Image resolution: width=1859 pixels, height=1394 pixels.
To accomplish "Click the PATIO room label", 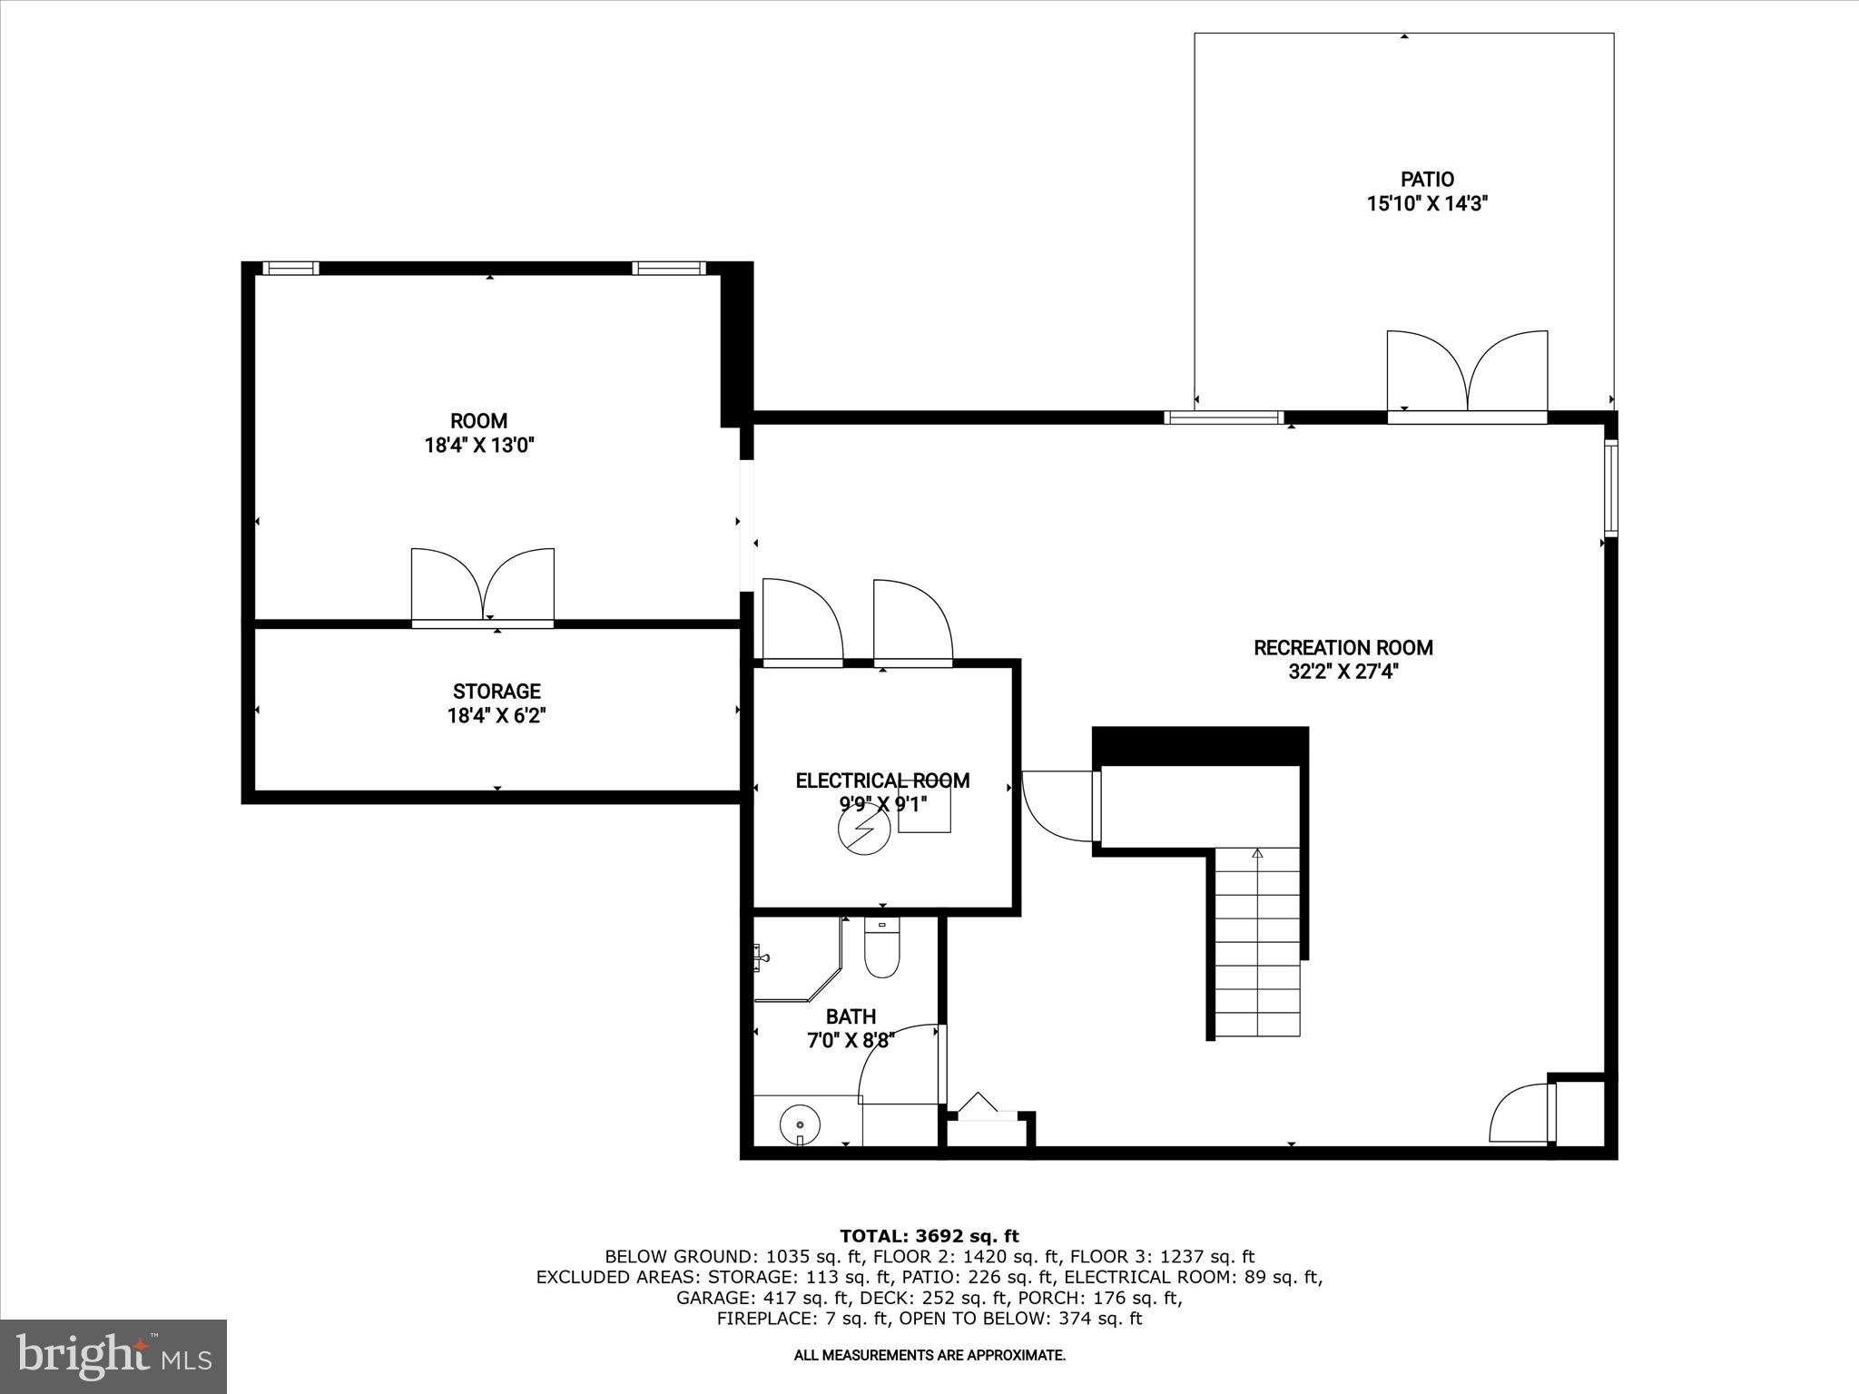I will pyautogui.click(x=1427, y=180).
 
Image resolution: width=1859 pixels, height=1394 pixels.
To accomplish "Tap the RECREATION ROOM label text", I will pyautogui.click(x=1343, y=648).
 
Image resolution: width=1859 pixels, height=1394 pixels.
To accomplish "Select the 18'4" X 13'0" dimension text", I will pyautogui.click(x=478, y=446).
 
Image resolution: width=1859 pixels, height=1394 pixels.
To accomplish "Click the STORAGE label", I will pyautogui.click(x=497, y=692).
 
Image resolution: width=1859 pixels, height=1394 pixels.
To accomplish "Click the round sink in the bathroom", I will pyautogui.click(x=800, y=1124).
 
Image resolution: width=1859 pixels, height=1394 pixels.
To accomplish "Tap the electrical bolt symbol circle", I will pyautogui.click(x=863, y=828).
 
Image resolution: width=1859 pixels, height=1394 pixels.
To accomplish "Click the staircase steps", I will pyautogui.click(x=1257, y=944).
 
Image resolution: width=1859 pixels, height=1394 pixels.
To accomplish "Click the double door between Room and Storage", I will pyautogui.click(x=483, y=585).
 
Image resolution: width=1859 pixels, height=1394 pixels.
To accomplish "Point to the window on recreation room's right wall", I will pyautogui.click(x=1610, y=486).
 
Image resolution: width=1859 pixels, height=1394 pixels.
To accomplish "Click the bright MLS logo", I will pyautogui.click(x=113, y=1356).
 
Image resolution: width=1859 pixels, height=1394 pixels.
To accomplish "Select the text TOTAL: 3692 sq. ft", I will pyautogui.click(x=929, y=1236).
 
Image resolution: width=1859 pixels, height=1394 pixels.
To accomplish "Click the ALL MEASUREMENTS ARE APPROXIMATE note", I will pyautogui.click(x=929, y=1356).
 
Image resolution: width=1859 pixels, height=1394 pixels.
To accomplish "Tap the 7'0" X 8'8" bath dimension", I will pyautogui.click(x=851, y=1041).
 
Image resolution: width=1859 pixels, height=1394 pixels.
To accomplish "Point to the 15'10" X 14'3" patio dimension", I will pyautogui.click(x=1427, y=204).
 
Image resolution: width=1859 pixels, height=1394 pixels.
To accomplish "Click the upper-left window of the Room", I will pyautogui.click(x=290, y=268).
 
